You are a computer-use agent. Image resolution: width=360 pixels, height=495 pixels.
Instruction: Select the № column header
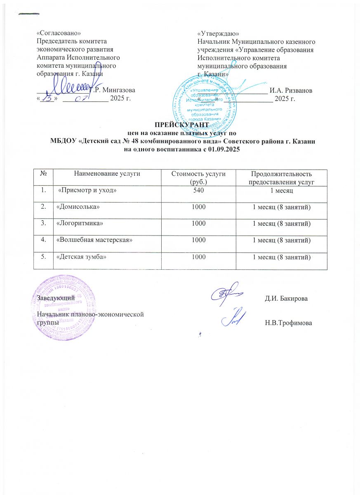coord(43,174)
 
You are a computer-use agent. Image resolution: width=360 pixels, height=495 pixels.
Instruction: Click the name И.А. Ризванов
coord(290,90)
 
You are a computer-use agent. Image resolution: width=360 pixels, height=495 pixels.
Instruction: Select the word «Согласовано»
coord(56,33)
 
